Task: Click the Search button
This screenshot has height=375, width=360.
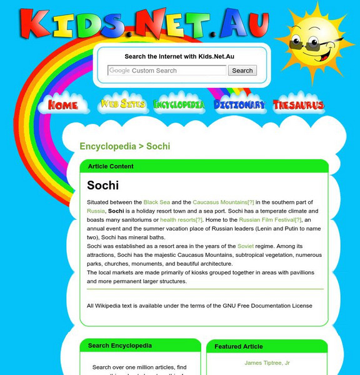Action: (242, 71)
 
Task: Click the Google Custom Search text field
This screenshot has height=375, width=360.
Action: (167, 71)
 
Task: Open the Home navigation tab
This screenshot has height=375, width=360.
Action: (63, 105)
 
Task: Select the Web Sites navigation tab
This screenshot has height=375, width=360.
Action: (122, 104)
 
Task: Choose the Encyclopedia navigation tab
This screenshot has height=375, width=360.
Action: (179, 105)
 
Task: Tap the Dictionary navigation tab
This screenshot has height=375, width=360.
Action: (239, 105)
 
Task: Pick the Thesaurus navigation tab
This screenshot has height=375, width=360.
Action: (299, 105)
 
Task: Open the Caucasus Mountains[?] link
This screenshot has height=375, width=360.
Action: (223, 202)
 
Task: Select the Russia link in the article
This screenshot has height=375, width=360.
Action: (96, 211)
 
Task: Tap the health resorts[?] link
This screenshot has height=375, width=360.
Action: (181, 220)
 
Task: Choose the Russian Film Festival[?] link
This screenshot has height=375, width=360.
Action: (270, 220)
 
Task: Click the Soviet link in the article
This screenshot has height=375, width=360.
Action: (246, 246)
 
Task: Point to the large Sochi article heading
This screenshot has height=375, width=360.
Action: (103, 185)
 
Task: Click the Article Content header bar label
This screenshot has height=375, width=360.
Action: (111, 166)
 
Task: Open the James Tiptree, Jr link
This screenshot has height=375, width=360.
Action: (267, 363)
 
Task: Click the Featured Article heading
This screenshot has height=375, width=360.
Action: (239, 346)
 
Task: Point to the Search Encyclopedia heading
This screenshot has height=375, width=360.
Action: (120, 345)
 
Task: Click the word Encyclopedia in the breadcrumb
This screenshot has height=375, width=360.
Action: (107, 146)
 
